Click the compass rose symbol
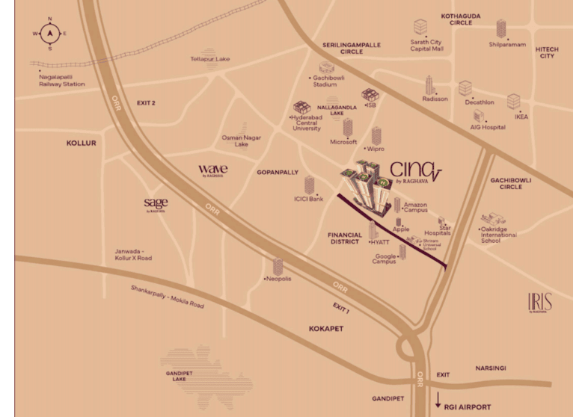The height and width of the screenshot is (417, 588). click(49, 33)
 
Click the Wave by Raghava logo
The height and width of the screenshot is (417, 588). click(213, 170)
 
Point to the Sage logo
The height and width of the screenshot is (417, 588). click(156, 204)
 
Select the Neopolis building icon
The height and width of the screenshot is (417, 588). click(278, 266)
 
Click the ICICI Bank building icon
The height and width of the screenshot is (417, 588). click(309, 185)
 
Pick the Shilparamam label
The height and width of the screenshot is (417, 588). click(507, 44)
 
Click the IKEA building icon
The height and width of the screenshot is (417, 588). click(513, 102)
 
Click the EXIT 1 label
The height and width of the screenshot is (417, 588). click(342, 306)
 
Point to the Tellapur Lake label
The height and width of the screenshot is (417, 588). click(210, 58)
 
